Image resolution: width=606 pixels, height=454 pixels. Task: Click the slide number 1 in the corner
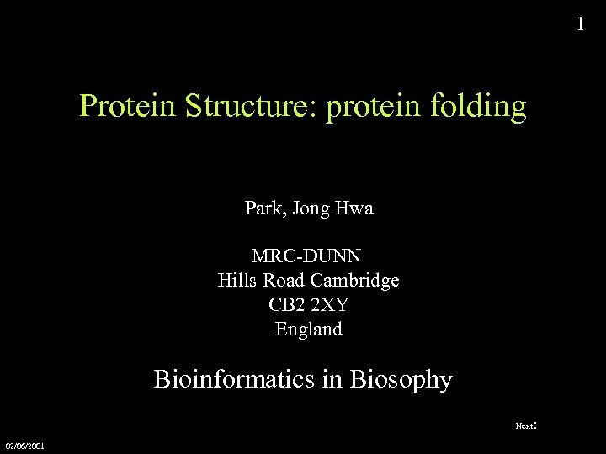pyautogui.click(x=579, y=24)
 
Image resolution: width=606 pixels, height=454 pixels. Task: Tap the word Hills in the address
pyautogui.click(x=237, y=280)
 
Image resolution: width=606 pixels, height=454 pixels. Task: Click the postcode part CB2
pyautogui.click(x=285, y=305)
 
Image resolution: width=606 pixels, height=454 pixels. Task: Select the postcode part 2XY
pyautogui.click(x=331, y=305)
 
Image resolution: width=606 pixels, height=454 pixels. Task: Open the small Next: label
pyautogui.click(x=525, y=426)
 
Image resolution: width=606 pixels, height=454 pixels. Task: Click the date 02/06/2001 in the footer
pyautogui.click(x=25, y=445)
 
